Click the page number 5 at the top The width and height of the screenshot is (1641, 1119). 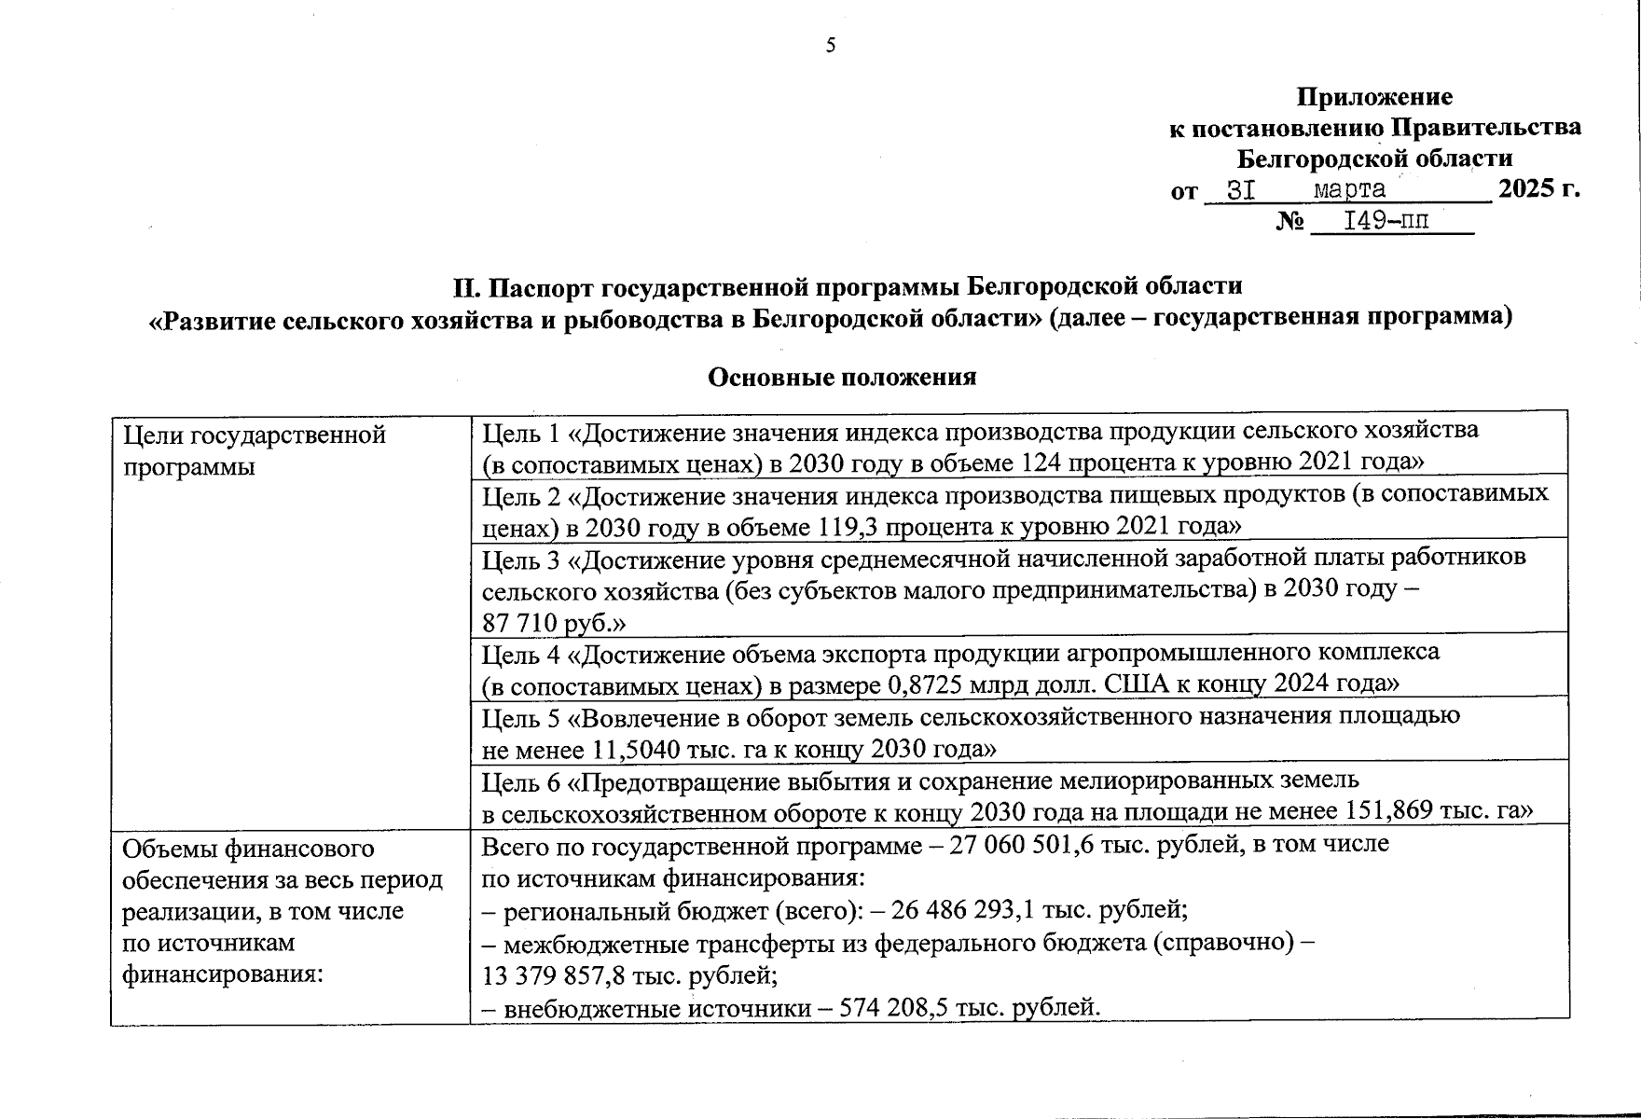[x=830, y=46]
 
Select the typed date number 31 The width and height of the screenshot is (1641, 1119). [x=1240, y=190]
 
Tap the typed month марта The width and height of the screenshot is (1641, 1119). [x=1349, y=190]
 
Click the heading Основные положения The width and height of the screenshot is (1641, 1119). [x=842, y=377]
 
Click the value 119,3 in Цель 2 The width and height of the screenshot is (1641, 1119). [x=848, y=526]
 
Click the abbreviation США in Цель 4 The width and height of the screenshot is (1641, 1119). [x=1132, y=684]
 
